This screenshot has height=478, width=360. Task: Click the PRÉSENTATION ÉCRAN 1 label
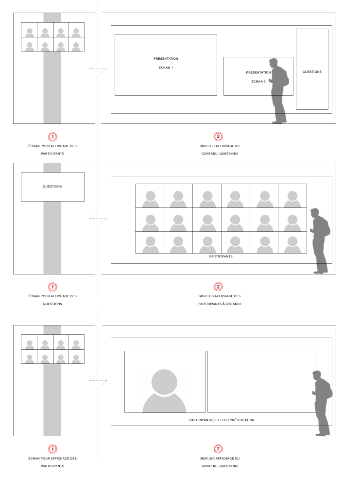click(x=166, y=63)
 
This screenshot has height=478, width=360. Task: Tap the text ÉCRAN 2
click(x=258, y=82)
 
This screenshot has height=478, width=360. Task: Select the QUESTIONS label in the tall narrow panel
click(x=312, y=71)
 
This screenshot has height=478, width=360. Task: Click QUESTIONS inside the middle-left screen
click(x=52, y=186)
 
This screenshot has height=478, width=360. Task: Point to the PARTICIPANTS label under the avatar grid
click(x=221, y=256)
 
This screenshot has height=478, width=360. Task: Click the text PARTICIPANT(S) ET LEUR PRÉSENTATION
click(x=222, y=420)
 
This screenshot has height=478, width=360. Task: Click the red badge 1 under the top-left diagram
click(x=52, y=137)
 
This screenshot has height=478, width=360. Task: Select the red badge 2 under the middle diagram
click(x=218, y=287)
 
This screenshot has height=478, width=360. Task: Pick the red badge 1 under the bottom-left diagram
click(x=52, y=449)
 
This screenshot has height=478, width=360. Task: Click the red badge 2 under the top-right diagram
click(x=218, y=137)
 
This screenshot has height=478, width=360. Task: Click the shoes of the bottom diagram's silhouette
click(x=323, y=434)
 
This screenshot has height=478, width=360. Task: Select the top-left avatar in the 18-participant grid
click(x=150, y=199)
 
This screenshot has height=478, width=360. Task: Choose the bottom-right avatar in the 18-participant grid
click(x=292, y=245)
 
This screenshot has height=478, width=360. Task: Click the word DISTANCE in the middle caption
click(x=233, y=304)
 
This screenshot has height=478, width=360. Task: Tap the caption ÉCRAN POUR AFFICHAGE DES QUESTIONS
click(x=52, y=300)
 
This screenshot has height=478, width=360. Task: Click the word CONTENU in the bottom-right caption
click(x=209, y=466)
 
